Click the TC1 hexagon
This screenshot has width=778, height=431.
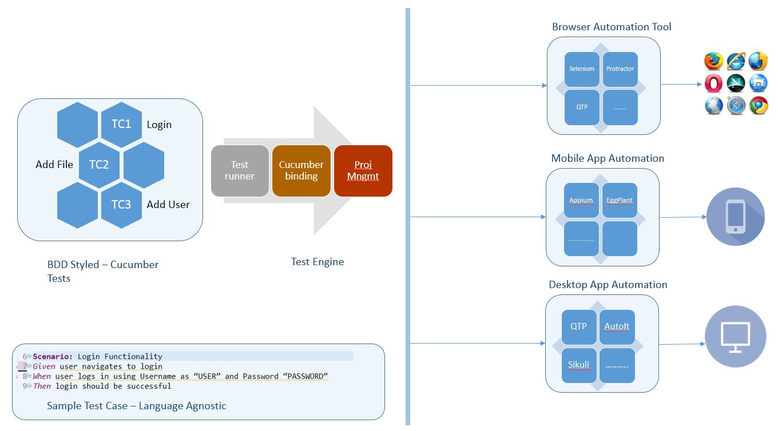[121, 124]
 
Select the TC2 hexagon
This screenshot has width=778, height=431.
[99, 165]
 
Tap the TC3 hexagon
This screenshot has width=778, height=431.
[121, 205]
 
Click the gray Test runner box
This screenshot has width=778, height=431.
[240, 171]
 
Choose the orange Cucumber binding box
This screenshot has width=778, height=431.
[301, 171]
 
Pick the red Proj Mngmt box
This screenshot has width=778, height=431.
[363, 171]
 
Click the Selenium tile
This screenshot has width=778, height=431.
[582, 69]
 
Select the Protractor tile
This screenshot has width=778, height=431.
[620, 69]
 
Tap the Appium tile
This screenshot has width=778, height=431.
[581, 200]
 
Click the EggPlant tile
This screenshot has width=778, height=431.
[620, 200]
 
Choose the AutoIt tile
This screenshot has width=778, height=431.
[617, 326]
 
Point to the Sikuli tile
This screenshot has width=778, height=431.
[579, 365]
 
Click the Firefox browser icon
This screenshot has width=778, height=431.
[713, 61]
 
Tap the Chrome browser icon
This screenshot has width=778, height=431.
[758, 106]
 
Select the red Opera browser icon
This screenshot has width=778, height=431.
[713, 83]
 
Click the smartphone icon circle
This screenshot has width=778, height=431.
[735, 217]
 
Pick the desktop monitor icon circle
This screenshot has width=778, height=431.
[735, 336]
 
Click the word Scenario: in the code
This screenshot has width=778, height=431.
[53, 356]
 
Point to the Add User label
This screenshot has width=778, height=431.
[168, 205]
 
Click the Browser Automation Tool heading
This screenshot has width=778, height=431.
[612, 27]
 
